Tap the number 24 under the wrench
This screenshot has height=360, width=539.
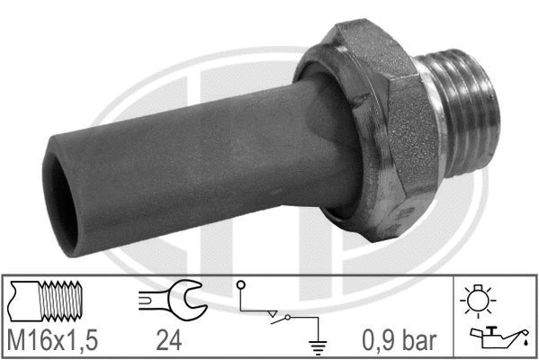168,340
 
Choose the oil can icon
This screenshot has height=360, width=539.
495,337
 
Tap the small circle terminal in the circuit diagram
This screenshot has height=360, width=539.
240,285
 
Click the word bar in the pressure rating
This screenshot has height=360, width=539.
421,340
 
